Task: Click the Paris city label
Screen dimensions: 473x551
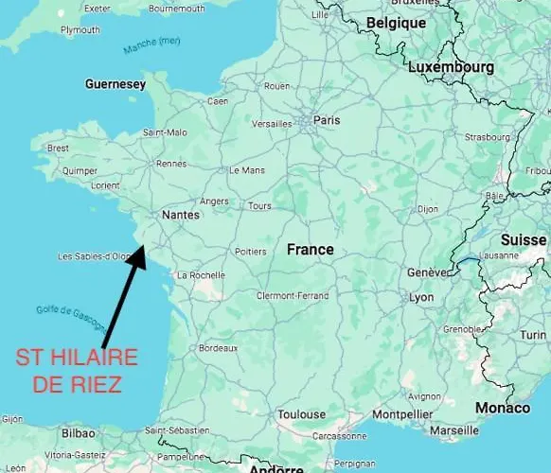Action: click(x=327, y=120)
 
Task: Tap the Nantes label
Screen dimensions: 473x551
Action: click(x=181, y=215)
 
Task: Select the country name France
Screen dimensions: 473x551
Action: click(x=311, y=250)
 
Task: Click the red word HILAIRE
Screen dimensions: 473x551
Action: click(x=93, y=359)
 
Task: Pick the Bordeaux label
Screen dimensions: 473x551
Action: click(x=219, y=349)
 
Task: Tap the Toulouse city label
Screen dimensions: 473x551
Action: click(x=301, y=414)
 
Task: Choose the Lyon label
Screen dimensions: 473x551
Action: click(x=421, y=297)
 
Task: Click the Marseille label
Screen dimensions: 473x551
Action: click(x=453, y=430)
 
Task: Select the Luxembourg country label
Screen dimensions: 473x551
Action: click(x=451, y=68)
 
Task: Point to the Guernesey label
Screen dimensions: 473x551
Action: click(x=116, y=84)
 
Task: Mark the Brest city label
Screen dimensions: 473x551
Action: click(x=58, y=148)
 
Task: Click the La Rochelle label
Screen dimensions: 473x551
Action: click(x=201, y=275)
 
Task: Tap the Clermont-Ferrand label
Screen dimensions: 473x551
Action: click(x=292, y=296)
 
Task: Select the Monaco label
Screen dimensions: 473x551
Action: click(x=502, y=408)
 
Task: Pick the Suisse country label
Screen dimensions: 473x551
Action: click(x=523, y=240)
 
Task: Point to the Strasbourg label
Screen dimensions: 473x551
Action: click(x=488, y=137)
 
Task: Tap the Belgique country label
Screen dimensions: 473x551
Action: click(x=396, y=23)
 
